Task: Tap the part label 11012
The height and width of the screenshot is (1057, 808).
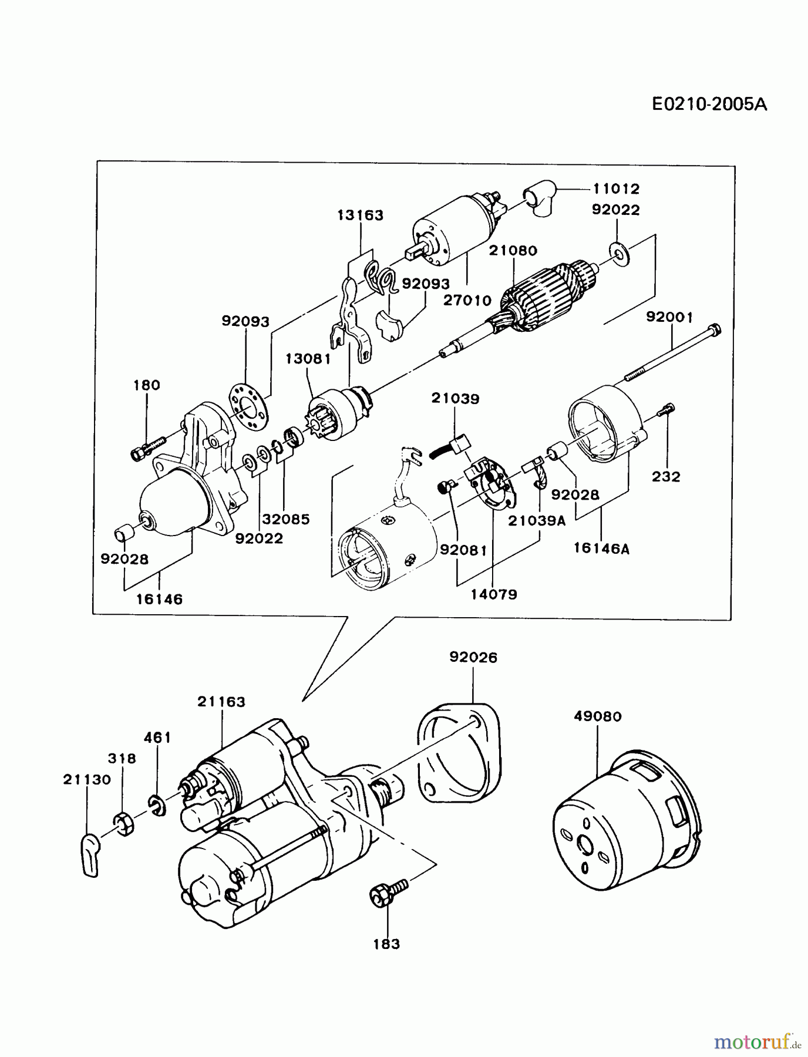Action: pos(615,189)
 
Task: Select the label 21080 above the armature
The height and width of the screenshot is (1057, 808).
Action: pos(513,251)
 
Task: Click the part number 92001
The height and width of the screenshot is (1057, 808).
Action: pos(669,317)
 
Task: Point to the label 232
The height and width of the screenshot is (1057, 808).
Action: pos(666,477)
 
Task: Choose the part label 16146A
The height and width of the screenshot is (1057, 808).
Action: pos(601,548)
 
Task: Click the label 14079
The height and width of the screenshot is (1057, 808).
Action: pos(493,594)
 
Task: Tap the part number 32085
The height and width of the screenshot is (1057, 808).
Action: pos(285,519)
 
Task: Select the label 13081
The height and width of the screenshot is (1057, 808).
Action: pos(308,358)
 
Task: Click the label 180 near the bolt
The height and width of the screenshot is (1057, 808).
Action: pos(147,385)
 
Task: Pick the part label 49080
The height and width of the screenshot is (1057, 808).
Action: pos(597,716)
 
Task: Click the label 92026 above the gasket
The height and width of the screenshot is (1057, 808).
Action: pos(473,658)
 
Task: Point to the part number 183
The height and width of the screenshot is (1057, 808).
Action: pos(386,944)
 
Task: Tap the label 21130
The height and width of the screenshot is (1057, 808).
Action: pos(87,780)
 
